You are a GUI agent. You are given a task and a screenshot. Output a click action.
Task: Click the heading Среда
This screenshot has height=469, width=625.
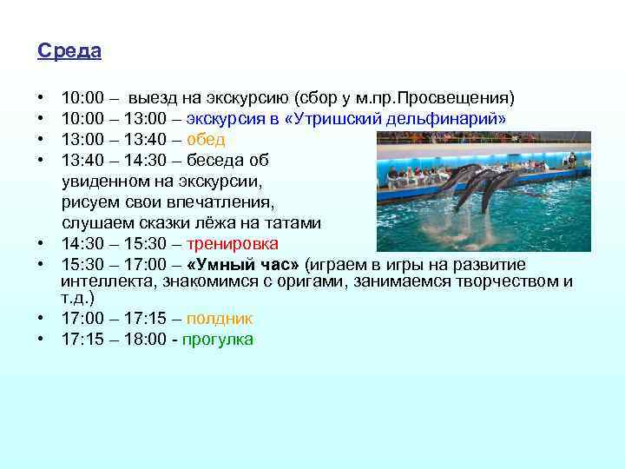69,51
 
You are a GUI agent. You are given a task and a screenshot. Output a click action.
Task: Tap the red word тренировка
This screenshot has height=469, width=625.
234,244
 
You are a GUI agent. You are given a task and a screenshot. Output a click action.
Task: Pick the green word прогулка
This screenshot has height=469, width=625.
218,340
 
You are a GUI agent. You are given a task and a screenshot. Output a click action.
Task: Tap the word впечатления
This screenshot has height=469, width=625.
227,202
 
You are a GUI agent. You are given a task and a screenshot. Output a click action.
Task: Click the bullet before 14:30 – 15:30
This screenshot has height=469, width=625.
42,244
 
